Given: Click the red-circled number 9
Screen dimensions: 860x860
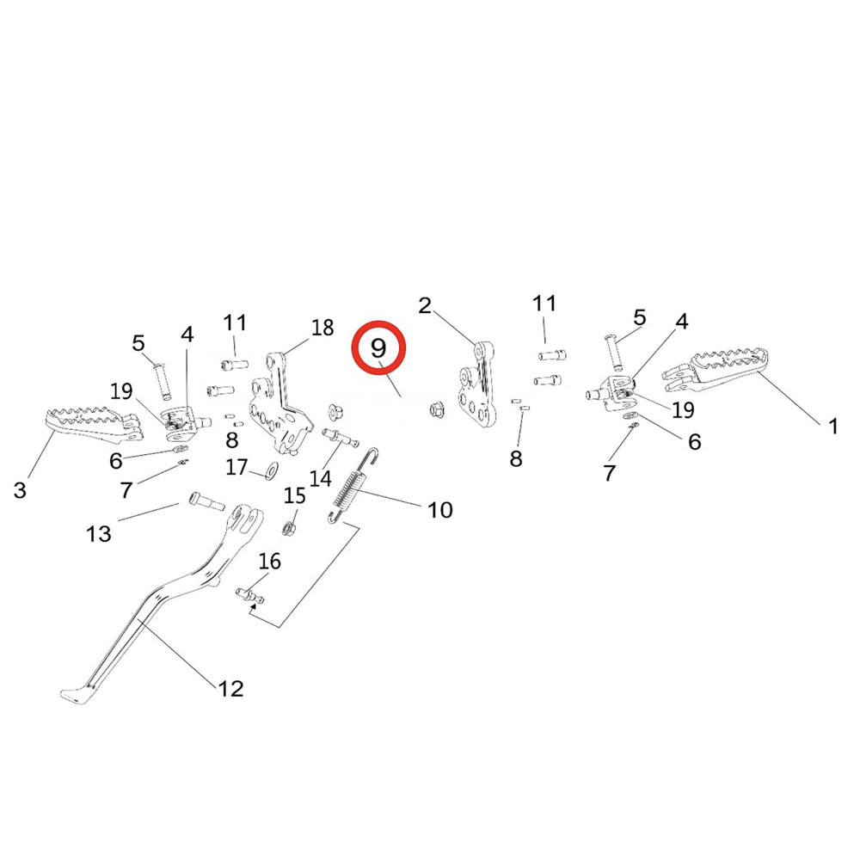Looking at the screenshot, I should click(x=379, y=348).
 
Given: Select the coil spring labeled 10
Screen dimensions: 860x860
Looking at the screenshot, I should click(x=352, y=488).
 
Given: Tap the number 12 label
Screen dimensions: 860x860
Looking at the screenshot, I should click(x=230, y=688).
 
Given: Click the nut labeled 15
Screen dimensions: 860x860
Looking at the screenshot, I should click(x=291, y=525).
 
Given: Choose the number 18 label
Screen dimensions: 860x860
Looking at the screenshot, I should click(x=322, y=328).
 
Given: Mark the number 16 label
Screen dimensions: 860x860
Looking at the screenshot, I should click(x=269, y=562).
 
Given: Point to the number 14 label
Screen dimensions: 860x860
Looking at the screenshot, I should click(x=321, y=478).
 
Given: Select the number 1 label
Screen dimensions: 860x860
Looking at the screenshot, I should click(x=832, y=426).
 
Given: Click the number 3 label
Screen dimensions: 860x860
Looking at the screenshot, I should click(x=20, y=491).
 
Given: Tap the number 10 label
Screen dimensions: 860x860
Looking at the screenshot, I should click(x=439, y=510).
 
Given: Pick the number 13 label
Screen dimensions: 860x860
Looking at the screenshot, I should click(x=99, y=534).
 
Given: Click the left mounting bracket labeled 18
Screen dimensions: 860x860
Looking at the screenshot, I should click(x=279, y=404).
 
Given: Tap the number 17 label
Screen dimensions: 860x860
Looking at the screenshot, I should click(x=236, y=468).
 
